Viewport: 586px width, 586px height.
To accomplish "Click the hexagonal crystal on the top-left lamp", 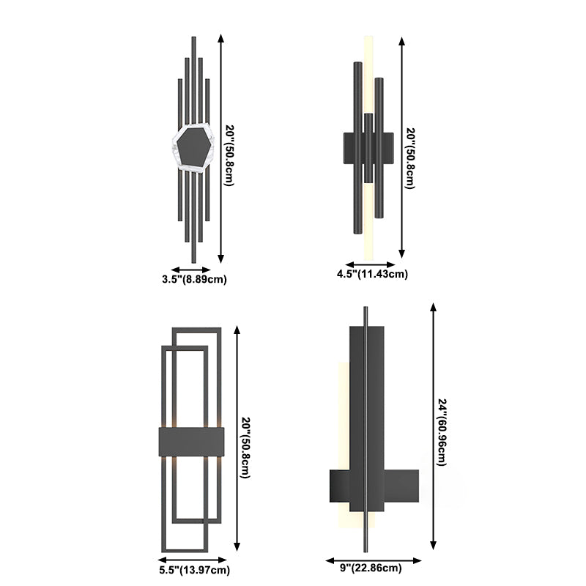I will tap(193, 149).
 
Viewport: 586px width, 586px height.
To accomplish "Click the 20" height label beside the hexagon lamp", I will tap(229, 155).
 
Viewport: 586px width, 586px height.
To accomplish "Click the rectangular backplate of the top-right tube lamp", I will tap(350, 149).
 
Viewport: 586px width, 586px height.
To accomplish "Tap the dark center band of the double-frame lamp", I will tap(190, 442).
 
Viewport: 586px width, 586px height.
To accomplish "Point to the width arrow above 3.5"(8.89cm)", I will tap(191, 269).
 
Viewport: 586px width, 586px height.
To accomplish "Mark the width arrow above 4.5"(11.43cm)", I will tap(370, 264).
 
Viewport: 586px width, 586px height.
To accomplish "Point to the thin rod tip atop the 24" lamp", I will tap(366, 308).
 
